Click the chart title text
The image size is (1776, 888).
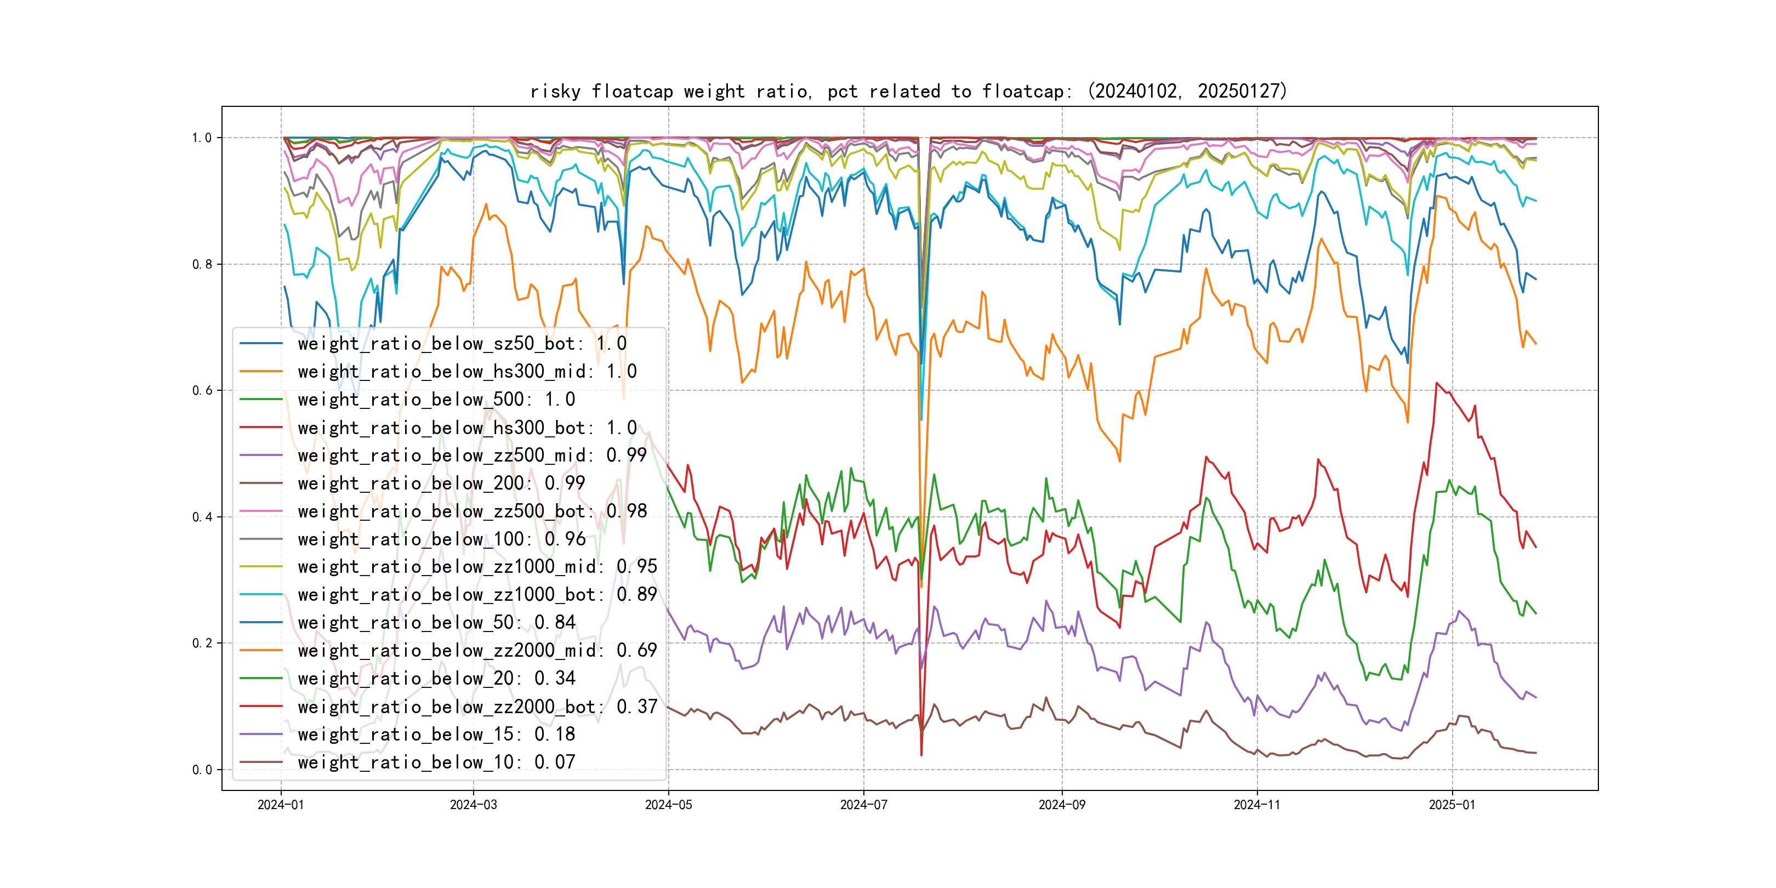pyautogui.click(x=908, y=91)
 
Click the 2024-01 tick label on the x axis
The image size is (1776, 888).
pyautogui.click(x=281, y=805)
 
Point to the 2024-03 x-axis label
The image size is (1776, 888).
pyautogui.click(x=473, y=805)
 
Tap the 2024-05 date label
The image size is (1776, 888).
pyautogui.click(x=668, y=805)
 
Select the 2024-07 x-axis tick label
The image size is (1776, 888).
pyautogui.click(x=863, y=805)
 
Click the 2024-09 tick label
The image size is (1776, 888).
pyautogui.click(x=1062, y=805)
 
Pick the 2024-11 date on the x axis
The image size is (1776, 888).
pyautogui.click(x=1257, y=805)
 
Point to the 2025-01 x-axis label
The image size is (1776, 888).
pyautogui.click(x=1452, y=805)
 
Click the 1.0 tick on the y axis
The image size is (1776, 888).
pyautogui.click(x=202, y=138)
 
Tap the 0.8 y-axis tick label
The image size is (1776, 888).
pyautogui.click(x=202, y=264)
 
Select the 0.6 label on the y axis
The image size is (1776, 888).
pyautogui.click(x=202, y=390)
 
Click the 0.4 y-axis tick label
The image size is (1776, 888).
pyautogui.click(x=202, y=517)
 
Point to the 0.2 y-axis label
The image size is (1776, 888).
pyautogui.click(x=202, y=643)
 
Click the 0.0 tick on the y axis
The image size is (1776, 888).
pyautogui.click(x=202, y=770)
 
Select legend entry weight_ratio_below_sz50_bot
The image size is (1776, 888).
pyautogui.click(x=462, y=343)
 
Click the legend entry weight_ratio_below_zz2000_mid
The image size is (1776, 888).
pyautogui.click(x=477, y=650)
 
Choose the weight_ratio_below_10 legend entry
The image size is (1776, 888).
pyautogui.click(x=436, y=762)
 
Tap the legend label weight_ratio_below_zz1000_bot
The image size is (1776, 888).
pyautogui.click(x=477, y=594)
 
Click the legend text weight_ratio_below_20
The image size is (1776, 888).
pyautogui.click(x=436, y=679)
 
